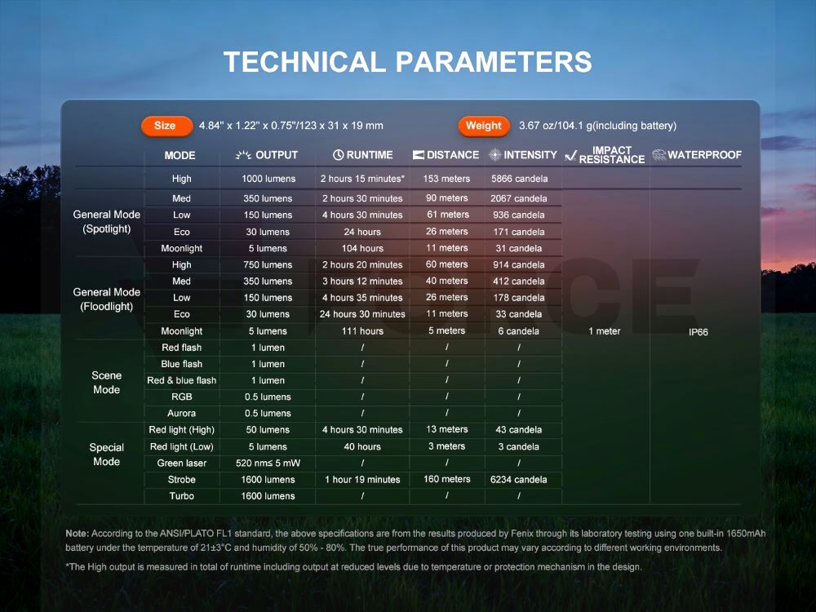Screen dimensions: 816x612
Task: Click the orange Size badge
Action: (166, 126)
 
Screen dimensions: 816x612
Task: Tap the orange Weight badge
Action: (483, 126)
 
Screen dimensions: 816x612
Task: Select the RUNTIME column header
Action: (363, 155)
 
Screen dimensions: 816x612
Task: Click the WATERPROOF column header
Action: (697, 155)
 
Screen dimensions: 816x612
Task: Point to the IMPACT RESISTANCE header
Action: (605, 155)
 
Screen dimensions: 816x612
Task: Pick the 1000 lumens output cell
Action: (268, 179)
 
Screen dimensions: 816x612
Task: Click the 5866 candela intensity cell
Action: (519, 179)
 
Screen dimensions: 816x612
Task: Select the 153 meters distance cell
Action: (446, 179)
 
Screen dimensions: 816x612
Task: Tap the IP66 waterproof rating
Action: (698, 332)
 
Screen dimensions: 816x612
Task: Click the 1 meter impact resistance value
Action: (604, 331)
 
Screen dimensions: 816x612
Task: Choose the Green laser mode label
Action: (182, 463)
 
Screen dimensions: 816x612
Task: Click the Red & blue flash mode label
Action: (182, 380)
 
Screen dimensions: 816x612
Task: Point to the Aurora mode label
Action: (182, 413)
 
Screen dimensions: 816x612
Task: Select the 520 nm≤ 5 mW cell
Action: (268, 463)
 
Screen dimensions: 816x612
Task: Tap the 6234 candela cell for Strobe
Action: (519, 480)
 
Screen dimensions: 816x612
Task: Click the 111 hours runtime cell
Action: (363, 331)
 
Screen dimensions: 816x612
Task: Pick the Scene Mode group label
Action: (107, 383)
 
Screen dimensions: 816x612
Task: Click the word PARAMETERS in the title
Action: (494, 62)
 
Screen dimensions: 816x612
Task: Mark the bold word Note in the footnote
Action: (78, 534)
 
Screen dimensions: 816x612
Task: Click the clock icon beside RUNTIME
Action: (339, 155)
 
